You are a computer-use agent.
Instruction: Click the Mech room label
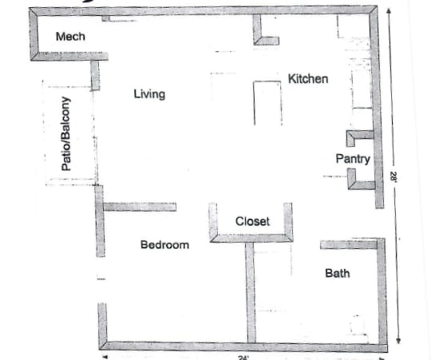pyautogui.click(x=70, y=37)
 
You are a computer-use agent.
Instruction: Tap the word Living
pyautogui.click(x=149, y=94)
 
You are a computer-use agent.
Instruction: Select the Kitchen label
pyautogui.click(x=307, y=79)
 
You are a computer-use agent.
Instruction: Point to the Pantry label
pyautogui.click(x=352, y=159)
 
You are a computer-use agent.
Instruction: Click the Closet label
pyautogui.click(x=252, y=221)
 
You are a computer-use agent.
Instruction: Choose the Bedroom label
pyautogui.click(x=164, y=244)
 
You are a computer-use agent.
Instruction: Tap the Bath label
pyautogui.click(x=337, y=273)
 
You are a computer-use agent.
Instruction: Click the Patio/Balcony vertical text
pyautogui.click(x=67, y=134)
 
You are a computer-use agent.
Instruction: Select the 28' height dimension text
pyautogui.click(x=393, y=180)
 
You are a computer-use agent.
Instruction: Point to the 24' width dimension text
pyautogui.click(x=243, y=357)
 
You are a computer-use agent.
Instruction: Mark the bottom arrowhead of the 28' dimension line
pyautogui.click(x=397, y=342)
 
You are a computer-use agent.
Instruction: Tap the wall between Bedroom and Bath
pyautogui.click(x=250, y=291)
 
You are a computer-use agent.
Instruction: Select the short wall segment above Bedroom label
pyautogui.click(x=140, y=207)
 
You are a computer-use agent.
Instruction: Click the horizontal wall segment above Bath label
pyautogui.click(x=349, y=244)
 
